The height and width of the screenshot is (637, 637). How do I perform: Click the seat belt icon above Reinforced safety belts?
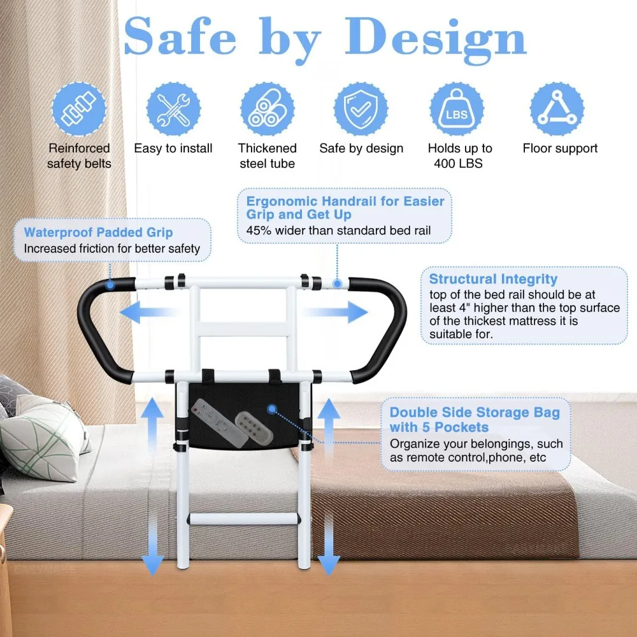tap(79, 109)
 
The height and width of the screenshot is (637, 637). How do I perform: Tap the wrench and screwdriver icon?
tap(173, 109)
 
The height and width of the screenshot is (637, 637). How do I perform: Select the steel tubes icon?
tap(267, 109)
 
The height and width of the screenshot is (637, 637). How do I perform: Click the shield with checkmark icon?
tap(361, 109)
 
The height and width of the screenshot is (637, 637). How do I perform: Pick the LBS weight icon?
tap(456, 109)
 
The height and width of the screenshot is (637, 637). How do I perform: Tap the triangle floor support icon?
tap(556, 109)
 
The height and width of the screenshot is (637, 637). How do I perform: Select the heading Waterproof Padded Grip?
tap(98, 233)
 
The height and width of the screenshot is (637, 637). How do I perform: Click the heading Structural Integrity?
tap(493, 279)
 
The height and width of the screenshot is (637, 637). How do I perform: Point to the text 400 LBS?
tap(459, 164)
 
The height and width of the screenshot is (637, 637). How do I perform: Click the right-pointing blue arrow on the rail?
tap(336, 312)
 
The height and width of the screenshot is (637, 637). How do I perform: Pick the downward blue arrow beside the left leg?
tap(152, 545)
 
